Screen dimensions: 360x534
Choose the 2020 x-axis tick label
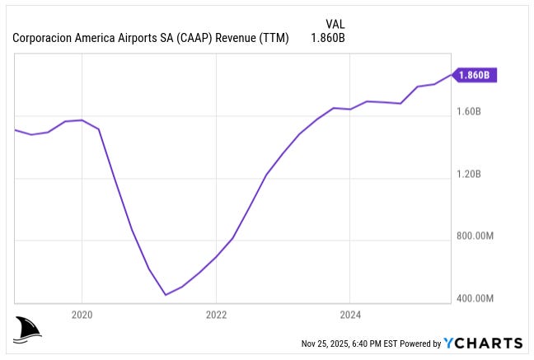[82, 314]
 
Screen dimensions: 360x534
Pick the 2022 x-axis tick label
[215, 314]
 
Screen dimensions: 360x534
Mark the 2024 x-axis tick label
[349, 314]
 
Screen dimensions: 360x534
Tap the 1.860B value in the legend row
[327, 38]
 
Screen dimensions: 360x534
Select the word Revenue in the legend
[237, 38]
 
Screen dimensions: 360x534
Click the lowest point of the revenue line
[166, 294]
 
